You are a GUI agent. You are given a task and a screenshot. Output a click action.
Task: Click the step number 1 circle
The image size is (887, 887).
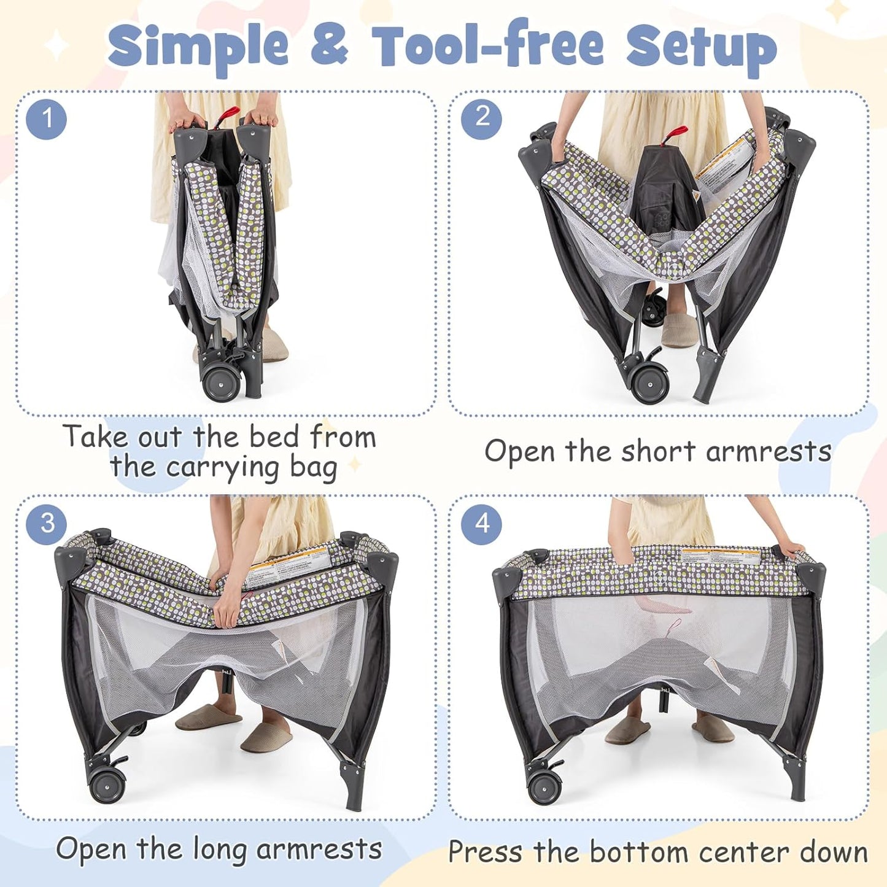(47, 118)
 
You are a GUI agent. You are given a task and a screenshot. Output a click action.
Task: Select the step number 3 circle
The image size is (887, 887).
(47, 524)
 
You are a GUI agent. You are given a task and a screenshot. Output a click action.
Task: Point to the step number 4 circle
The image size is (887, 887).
(481, 524)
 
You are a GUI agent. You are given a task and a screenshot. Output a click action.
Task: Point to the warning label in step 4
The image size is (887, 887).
(721, 557)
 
